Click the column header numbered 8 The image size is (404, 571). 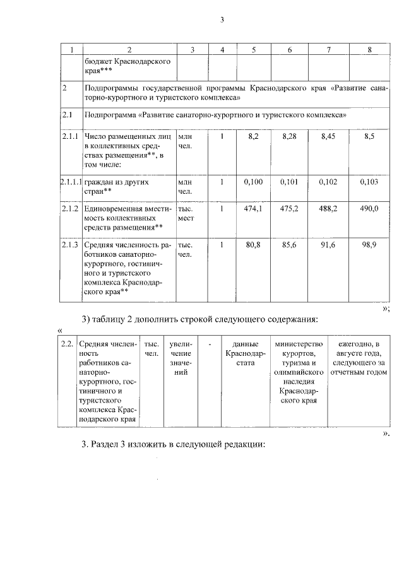click(x=369, y=49)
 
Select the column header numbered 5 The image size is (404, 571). click(x=252, y=49)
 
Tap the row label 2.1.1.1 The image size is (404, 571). click(x=71, y=182)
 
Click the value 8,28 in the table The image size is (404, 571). click(x=289, y=136)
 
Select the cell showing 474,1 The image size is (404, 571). click(x=252, y=208)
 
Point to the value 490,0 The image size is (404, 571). click(x=369, y=208)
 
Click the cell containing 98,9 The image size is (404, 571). click(x=369, y=245)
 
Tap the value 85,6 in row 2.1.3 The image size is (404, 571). click(x=289, y=245)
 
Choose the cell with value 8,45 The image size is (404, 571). click(x=329, y=136)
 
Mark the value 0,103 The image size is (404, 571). click(x=369, y=182)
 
